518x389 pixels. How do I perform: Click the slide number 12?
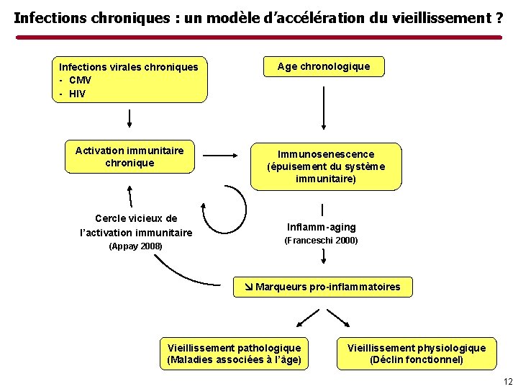coord(508,381)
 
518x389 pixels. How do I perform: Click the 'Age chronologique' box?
coord(324,66)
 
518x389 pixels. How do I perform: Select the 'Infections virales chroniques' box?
coord(132,79)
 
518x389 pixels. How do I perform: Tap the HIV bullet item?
coord(77,93)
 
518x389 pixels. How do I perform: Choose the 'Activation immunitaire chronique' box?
coord(129,156)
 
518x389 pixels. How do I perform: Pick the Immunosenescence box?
coord(326,166)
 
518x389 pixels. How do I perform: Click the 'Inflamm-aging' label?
coord(322,227)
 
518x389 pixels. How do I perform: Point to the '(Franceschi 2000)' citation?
coord(322,241)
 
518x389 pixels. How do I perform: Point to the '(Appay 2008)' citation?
coord(135,246)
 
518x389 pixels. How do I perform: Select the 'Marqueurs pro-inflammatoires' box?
coord(323,287)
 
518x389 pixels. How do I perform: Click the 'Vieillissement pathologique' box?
coord(234,354)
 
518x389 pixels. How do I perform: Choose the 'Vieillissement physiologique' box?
coord(417,354)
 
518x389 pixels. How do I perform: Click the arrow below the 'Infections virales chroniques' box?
coord(129,117)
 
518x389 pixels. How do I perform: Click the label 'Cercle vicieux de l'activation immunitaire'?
coord(136,225)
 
